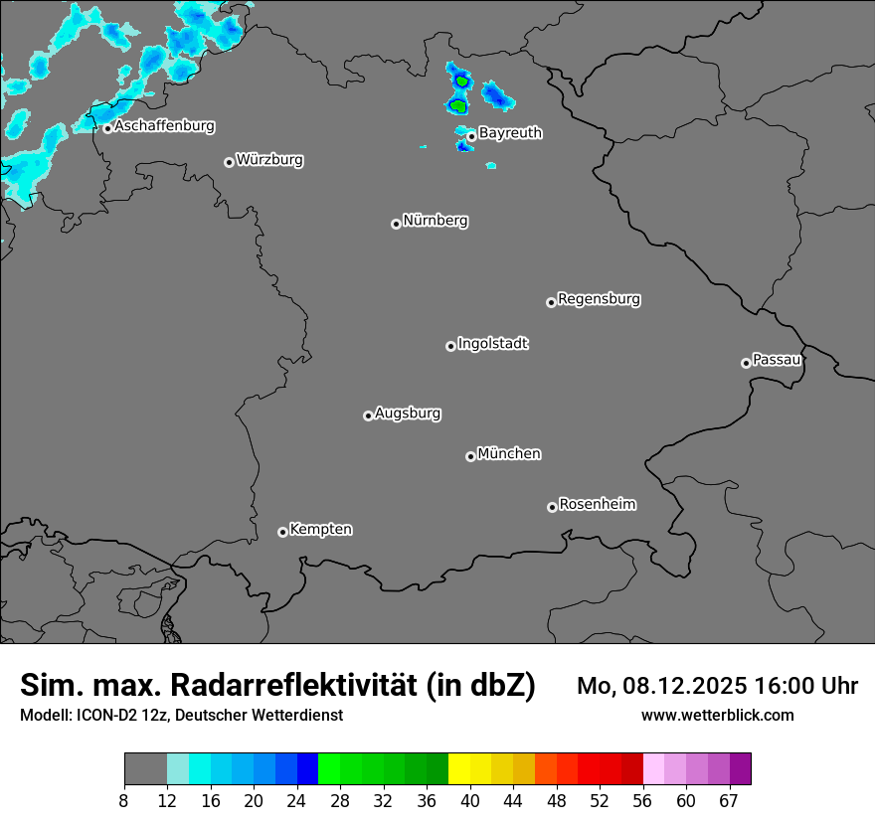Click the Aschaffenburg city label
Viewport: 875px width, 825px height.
coord(164,126)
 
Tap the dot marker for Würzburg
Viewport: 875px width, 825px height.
coord(229,162)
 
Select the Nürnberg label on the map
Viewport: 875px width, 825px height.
coord(435,221)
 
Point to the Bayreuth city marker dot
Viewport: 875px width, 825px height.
coord(471,136)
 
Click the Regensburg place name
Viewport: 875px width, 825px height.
coord(599,299)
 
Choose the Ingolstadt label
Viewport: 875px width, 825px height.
coord(492,344)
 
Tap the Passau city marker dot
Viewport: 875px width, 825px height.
coord(746,363)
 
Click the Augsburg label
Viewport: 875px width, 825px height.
coord(408,413)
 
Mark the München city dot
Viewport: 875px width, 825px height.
coord(470,457)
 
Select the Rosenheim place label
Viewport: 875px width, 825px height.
coord(597,505)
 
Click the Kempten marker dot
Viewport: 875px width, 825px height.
coord(282,532)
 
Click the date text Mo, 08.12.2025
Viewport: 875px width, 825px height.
coord(663,686)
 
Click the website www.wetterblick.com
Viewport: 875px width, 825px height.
coord(717,716)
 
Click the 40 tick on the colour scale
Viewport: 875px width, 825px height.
coord(470,801)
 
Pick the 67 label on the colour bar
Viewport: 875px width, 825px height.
coord(729,801)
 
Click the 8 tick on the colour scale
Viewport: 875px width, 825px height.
coord(124,801)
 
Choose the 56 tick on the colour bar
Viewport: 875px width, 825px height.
coord(643,801)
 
